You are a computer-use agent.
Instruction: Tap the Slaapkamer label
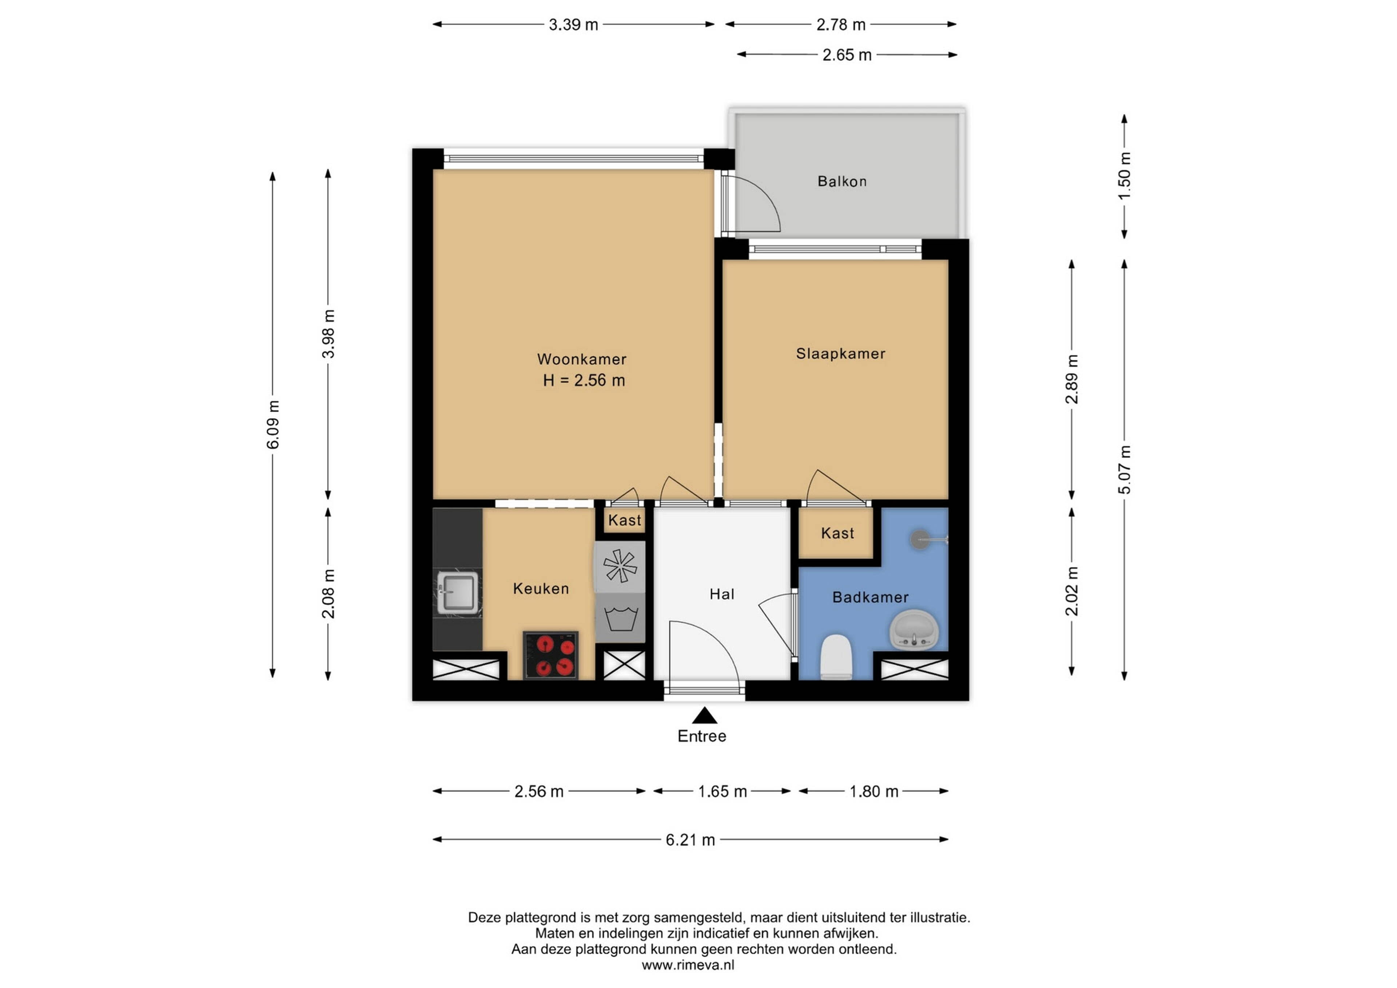[840, 354]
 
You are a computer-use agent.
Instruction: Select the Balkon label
[842, 181]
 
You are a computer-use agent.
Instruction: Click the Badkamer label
[870, 597]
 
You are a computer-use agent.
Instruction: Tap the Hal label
[722, 594]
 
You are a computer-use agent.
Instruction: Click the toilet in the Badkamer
[836, 657]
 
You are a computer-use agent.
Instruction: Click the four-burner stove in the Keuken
[551, 655]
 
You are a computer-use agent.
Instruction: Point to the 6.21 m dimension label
[690, 840]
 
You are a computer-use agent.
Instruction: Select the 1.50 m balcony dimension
[1125, 176]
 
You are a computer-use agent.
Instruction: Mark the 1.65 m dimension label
[722, 792]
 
